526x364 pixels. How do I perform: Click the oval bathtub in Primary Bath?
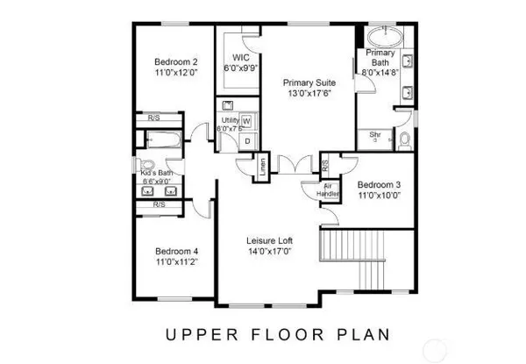383,38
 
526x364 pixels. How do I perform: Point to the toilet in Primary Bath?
405,139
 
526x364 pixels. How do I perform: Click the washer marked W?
246,120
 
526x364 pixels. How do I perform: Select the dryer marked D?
246,139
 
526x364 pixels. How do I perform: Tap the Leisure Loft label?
269,240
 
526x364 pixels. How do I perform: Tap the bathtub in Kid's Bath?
162,139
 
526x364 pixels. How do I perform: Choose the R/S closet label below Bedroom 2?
153,117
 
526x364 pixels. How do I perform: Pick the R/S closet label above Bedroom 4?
159,204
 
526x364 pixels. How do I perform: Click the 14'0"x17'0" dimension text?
269,253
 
